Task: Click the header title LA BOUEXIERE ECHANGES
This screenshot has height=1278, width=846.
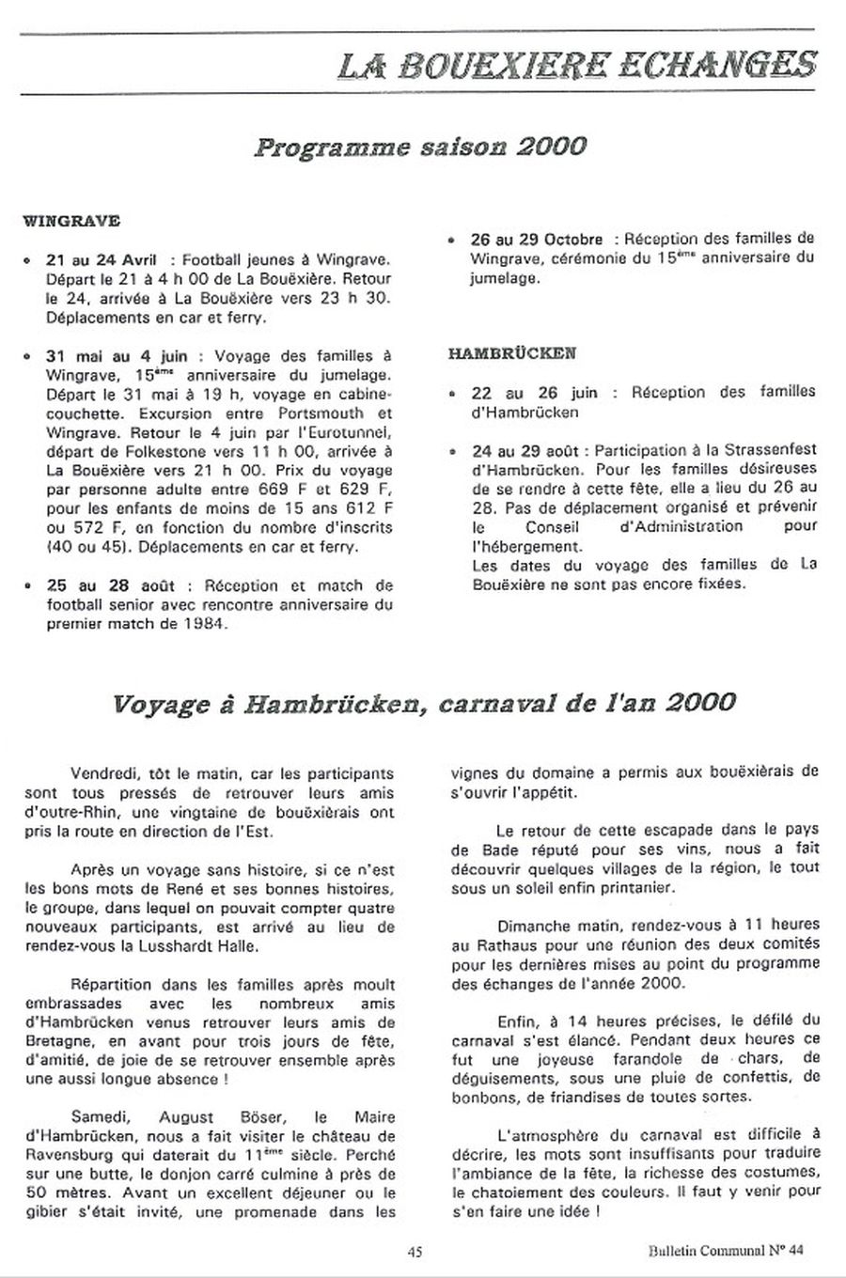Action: (x=577, y=65)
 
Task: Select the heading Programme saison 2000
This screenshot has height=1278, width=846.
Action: (x=420, y=148)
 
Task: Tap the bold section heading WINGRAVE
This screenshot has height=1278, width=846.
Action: (x=70, y=223)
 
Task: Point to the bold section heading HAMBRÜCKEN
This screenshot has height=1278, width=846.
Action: (x=512, y=354)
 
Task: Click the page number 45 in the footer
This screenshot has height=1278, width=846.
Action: (x=415, y=1251)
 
